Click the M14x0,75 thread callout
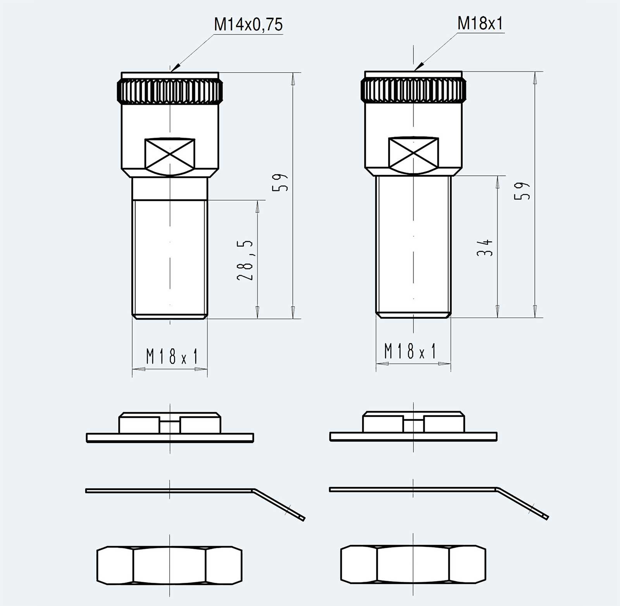tap(248, 24)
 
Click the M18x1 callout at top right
tap(480, 23)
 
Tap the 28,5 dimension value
tap(245, 260)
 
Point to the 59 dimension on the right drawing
tap(522, 190)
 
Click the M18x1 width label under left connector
tap(172, 356)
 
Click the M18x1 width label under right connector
tap(410, 351)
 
